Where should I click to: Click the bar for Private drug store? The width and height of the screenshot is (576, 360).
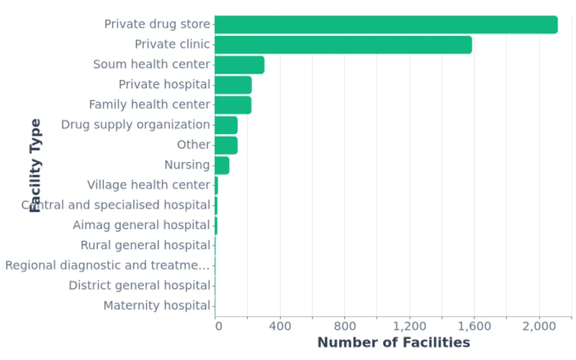(386, 24)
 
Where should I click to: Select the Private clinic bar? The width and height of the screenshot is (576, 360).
(343, 45)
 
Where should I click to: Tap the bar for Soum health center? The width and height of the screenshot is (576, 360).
(239, 65)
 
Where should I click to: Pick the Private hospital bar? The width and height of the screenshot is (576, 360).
(233, 85)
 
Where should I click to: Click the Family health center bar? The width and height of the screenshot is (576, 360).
(233, 105)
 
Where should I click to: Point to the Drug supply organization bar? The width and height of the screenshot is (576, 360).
(226, 125)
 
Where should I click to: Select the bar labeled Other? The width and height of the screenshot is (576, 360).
(226, 145)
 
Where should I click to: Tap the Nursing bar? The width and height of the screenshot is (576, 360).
(222, 165)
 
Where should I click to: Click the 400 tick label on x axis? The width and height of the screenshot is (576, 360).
(279, 326)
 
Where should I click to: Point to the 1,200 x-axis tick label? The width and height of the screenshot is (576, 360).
(409, 326)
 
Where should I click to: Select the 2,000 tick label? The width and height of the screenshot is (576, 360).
(539, 326)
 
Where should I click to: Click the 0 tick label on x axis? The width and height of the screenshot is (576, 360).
(218, 326)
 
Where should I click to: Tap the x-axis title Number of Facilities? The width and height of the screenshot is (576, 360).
(393, 343)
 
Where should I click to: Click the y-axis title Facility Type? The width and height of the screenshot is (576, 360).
(35, 166)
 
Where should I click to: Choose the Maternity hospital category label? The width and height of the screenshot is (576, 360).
(156, 306)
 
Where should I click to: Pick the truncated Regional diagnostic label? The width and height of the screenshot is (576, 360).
(107, 266)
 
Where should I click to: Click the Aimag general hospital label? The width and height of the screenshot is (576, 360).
(141, 225)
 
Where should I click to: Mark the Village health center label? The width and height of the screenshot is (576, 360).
(148, 185)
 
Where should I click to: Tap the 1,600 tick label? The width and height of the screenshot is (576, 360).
(474, 326)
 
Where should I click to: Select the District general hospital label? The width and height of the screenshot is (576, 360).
(139, 286)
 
